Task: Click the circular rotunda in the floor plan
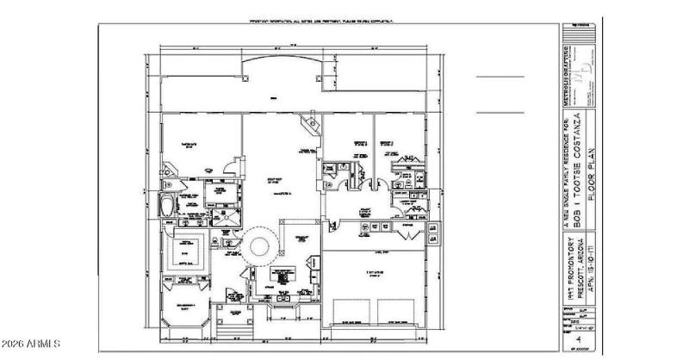[x=258, y=247]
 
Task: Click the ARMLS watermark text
[x=31, y=346]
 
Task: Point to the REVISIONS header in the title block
[x=578, y=28]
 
